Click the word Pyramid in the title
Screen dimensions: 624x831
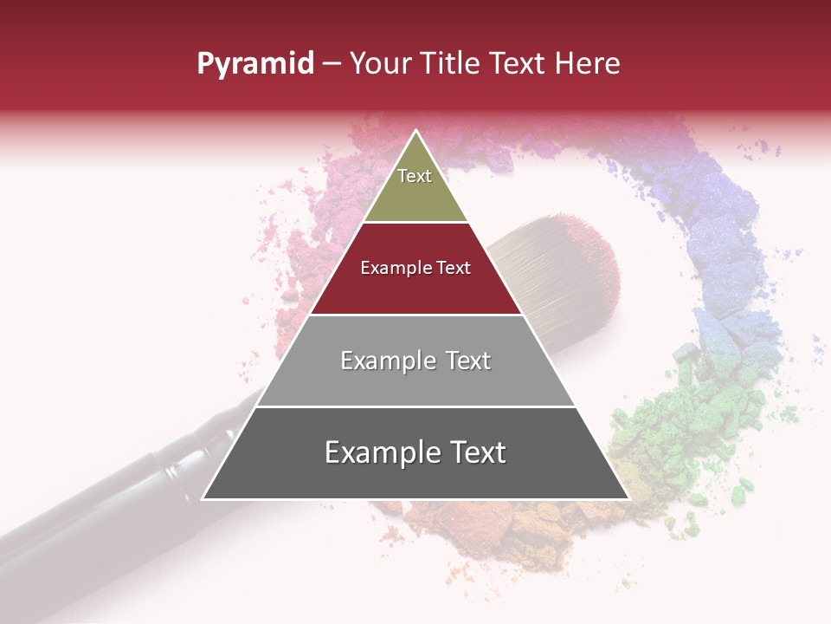point(255,63)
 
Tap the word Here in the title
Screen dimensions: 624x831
point(587,63)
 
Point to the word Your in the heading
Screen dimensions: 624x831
point(381,63)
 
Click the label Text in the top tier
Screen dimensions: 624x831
point(415,176)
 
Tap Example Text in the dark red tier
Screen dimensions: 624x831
point(415,268)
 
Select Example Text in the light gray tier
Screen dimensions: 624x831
point(415,361)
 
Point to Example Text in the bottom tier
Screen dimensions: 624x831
point(415,452)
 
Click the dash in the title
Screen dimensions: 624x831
point(332,64)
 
